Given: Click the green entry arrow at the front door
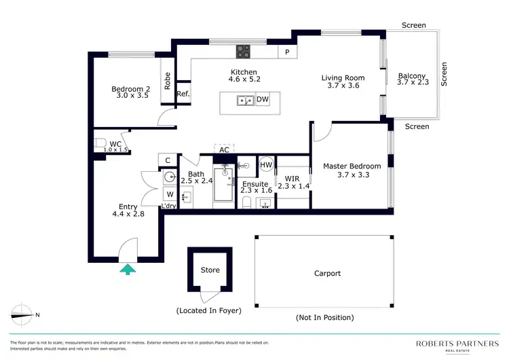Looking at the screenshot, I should tap(128, 270).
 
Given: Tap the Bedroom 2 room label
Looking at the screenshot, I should tap(130, 89).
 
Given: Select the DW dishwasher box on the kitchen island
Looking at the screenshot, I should tap(263, 101).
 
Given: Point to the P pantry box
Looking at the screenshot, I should tap(287, 52).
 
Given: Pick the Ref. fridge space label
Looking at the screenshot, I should tap(183, 94).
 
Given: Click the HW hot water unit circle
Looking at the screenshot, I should tap(266, 165).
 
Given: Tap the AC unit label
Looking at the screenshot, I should tap(224, 149).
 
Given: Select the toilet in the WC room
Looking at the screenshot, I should tap(100, 143).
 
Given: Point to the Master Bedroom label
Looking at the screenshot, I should tap(352, 166).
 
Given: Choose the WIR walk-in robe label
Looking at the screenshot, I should tap(292, 179).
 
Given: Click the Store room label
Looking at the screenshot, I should tap(210, 270).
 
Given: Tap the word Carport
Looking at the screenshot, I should tap(327, 274).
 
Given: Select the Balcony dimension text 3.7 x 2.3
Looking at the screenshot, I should tap(412, 83).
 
